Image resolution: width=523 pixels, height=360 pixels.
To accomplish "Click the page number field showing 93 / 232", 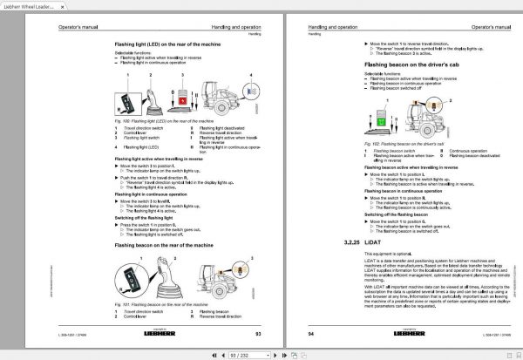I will point(260,353).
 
